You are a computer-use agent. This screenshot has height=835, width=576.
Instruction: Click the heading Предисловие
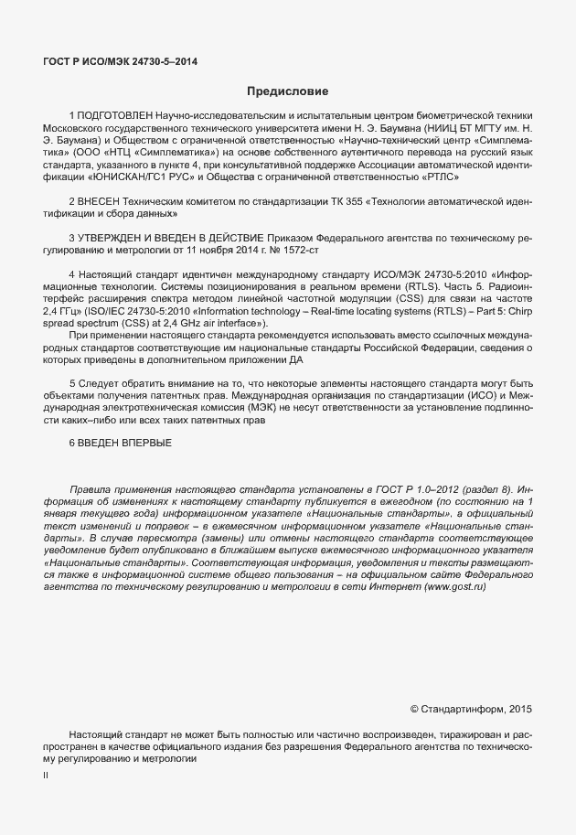click(287, 91)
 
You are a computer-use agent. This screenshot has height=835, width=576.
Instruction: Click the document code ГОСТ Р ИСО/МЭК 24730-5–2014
click(120, 61)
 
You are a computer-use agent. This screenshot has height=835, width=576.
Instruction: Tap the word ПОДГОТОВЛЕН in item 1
click(114, 116)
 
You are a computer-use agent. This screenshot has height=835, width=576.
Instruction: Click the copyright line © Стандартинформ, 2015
click(470, 708)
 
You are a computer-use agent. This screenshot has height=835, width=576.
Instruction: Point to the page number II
click(47, 776)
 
